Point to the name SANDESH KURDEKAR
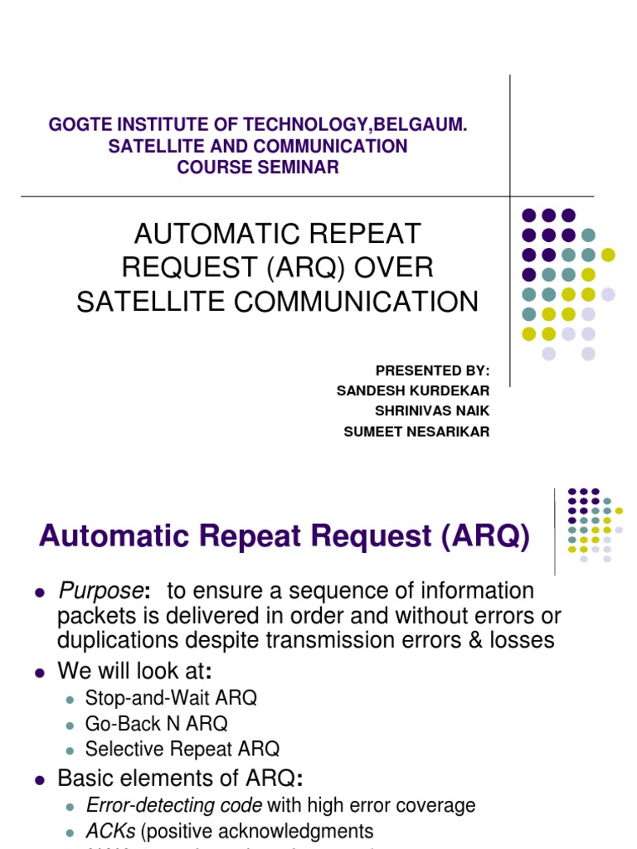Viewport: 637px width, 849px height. pyautogui.click(x=413, y=391)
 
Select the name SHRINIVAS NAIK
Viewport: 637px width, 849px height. pyautogui.click(x=432, y=411)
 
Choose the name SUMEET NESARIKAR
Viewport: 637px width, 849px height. pyautogui.click(x=416, y=432)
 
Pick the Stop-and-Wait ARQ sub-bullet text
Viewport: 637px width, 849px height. pyautogui.click(x=171, y=697)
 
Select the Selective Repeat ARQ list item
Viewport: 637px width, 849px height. pyautogui.click(x=182, y=749)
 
